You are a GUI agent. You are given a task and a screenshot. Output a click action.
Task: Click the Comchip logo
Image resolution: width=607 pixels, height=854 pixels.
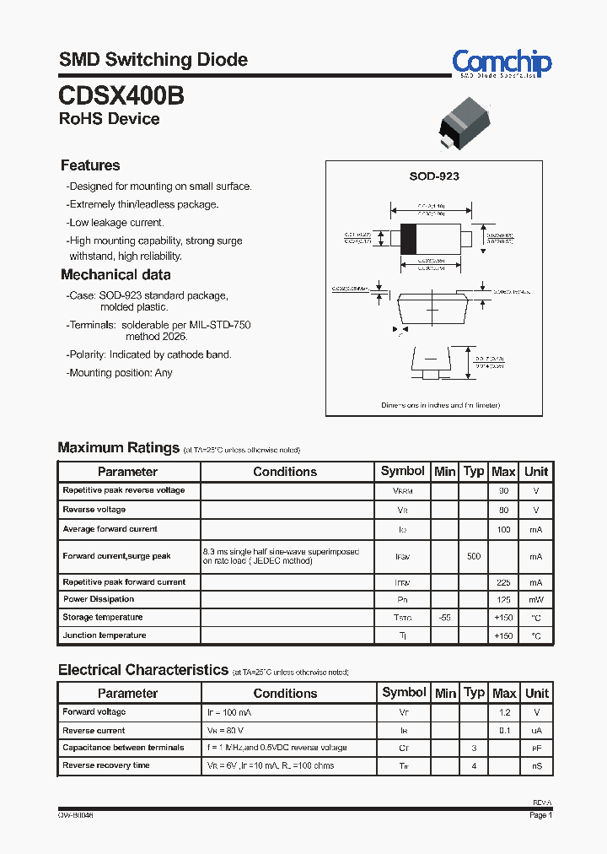(502, 63)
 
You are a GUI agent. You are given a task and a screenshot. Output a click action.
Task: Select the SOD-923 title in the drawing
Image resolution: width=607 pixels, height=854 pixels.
(433, 176)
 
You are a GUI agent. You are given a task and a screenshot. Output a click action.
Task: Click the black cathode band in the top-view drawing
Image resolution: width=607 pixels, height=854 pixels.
(408, 238)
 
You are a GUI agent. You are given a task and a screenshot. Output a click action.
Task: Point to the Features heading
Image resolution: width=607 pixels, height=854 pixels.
(90, 165)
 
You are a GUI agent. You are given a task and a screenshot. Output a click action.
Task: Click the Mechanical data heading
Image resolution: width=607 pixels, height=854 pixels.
(115, 274)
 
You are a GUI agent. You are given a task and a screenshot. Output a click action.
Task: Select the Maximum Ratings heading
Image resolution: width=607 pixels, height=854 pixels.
(118, 447)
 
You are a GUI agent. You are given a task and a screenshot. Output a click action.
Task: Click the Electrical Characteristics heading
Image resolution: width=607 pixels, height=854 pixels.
(142, 669)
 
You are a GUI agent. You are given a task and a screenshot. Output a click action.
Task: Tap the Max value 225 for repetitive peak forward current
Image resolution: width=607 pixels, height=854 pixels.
(503, 582)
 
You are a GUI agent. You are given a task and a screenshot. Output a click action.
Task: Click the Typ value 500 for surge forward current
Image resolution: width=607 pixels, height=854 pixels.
(474, 556)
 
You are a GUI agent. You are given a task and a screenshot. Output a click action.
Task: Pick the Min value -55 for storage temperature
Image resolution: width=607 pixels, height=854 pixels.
(444, 618)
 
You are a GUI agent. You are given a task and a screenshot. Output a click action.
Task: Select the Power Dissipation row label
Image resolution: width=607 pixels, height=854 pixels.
(99, 599)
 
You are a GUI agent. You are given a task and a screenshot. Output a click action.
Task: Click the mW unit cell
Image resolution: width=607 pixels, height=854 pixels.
(535, 600)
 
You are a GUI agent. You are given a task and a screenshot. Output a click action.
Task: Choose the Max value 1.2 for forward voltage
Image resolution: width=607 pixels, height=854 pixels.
(504, 712)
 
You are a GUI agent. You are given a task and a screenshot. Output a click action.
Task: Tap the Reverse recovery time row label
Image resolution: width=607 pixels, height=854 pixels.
(106, 765)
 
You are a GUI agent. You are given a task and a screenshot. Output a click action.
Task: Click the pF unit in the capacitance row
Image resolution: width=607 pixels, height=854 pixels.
(535, 749)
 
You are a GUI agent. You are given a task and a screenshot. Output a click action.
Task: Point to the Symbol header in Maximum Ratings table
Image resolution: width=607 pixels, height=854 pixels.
(403, 471)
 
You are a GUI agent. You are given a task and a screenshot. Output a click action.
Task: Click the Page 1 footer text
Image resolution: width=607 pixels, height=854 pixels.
(540, 815)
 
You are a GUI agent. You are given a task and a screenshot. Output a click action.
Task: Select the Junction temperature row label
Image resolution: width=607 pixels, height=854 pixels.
(105, 635)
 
